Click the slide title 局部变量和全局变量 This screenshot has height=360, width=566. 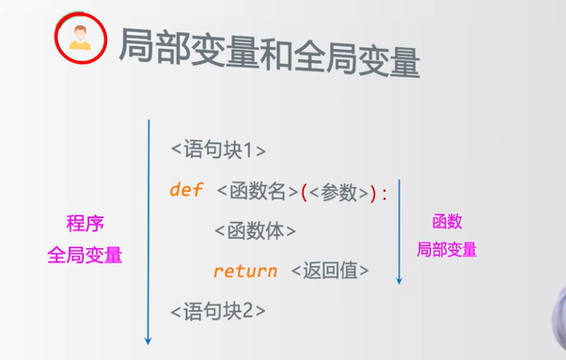pyautogui.click(x=268, y=51)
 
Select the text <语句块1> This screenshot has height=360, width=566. pyautogui.click(x=218, y=149)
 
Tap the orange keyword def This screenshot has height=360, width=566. pyautogui.click(x=186, y=190)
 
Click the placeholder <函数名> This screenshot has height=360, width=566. pyautogui.click(x=257, y=191)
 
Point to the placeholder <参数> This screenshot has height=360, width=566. pyautogui.click(x=338, y=191)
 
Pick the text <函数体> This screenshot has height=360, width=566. pyautogui.click(x=255, y=230)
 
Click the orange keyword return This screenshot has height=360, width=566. pyautogui.click(x=244, y=271)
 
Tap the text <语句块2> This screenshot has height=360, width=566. pyautogui.click(x=218, y=310)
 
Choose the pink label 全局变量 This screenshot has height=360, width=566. pyautogui.click(x=85, y=255)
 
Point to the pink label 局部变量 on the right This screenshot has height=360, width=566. pyautogui.click(x=447, y=250)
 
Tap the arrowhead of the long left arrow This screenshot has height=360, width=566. pyautogui.click(x=149, y=340)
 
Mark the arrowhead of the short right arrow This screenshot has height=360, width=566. pyautogui.click(x=399, y=280)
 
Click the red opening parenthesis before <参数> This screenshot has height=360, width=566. pyautogui.click(x=305, y=192)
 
